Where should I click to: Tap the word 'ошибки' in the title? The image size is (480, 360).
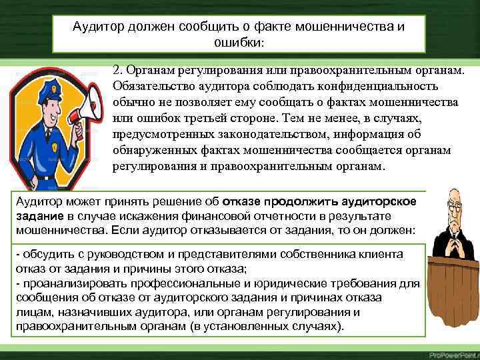(x=241, y=42)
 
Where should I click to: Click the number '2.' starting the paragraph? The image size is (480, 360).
(x=118, y=70)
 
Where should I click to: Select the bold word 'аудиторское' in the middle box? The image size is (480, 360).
(x=383, y=202)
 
